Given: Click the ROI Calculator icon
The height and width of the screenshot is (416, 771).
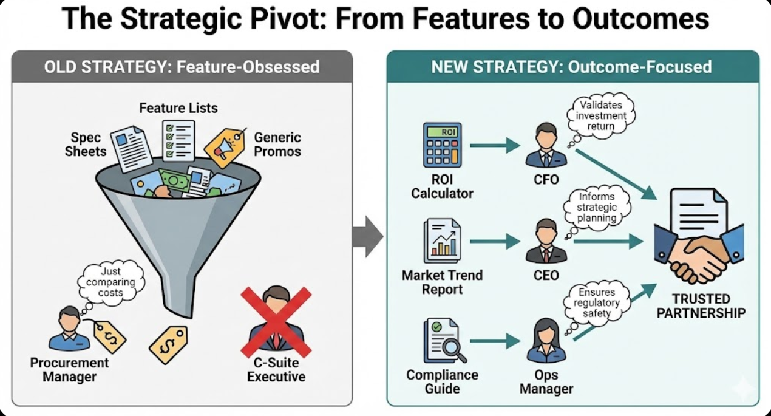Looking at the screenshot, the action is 442,145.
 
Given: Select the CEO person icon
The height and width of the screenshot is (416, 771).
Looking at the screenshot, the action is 546,241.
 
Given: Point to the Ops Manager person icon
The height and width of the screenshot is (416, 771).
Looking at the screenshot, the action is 546,341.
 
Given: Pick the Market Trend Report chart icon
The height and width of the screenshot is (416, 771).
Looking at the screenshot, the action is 442,241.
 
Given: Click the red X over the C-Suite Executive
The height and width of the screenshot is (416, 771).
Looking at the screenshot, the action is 276,322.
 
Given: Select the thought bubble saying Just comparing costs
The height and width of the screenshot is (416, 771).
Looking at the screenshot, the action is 111,282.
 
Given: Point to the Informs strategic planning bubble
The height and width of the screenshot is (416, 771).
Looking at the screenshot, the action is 597,207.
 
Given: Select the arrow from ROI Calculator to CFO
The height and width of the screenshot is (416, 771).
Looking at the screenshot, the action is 495,146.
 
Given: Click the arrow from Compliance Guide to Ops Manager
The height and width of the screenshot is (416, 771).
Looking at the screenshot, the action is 495,341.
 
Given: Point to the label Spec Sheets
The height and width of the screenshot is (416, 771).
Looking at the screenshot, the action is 86,143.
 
